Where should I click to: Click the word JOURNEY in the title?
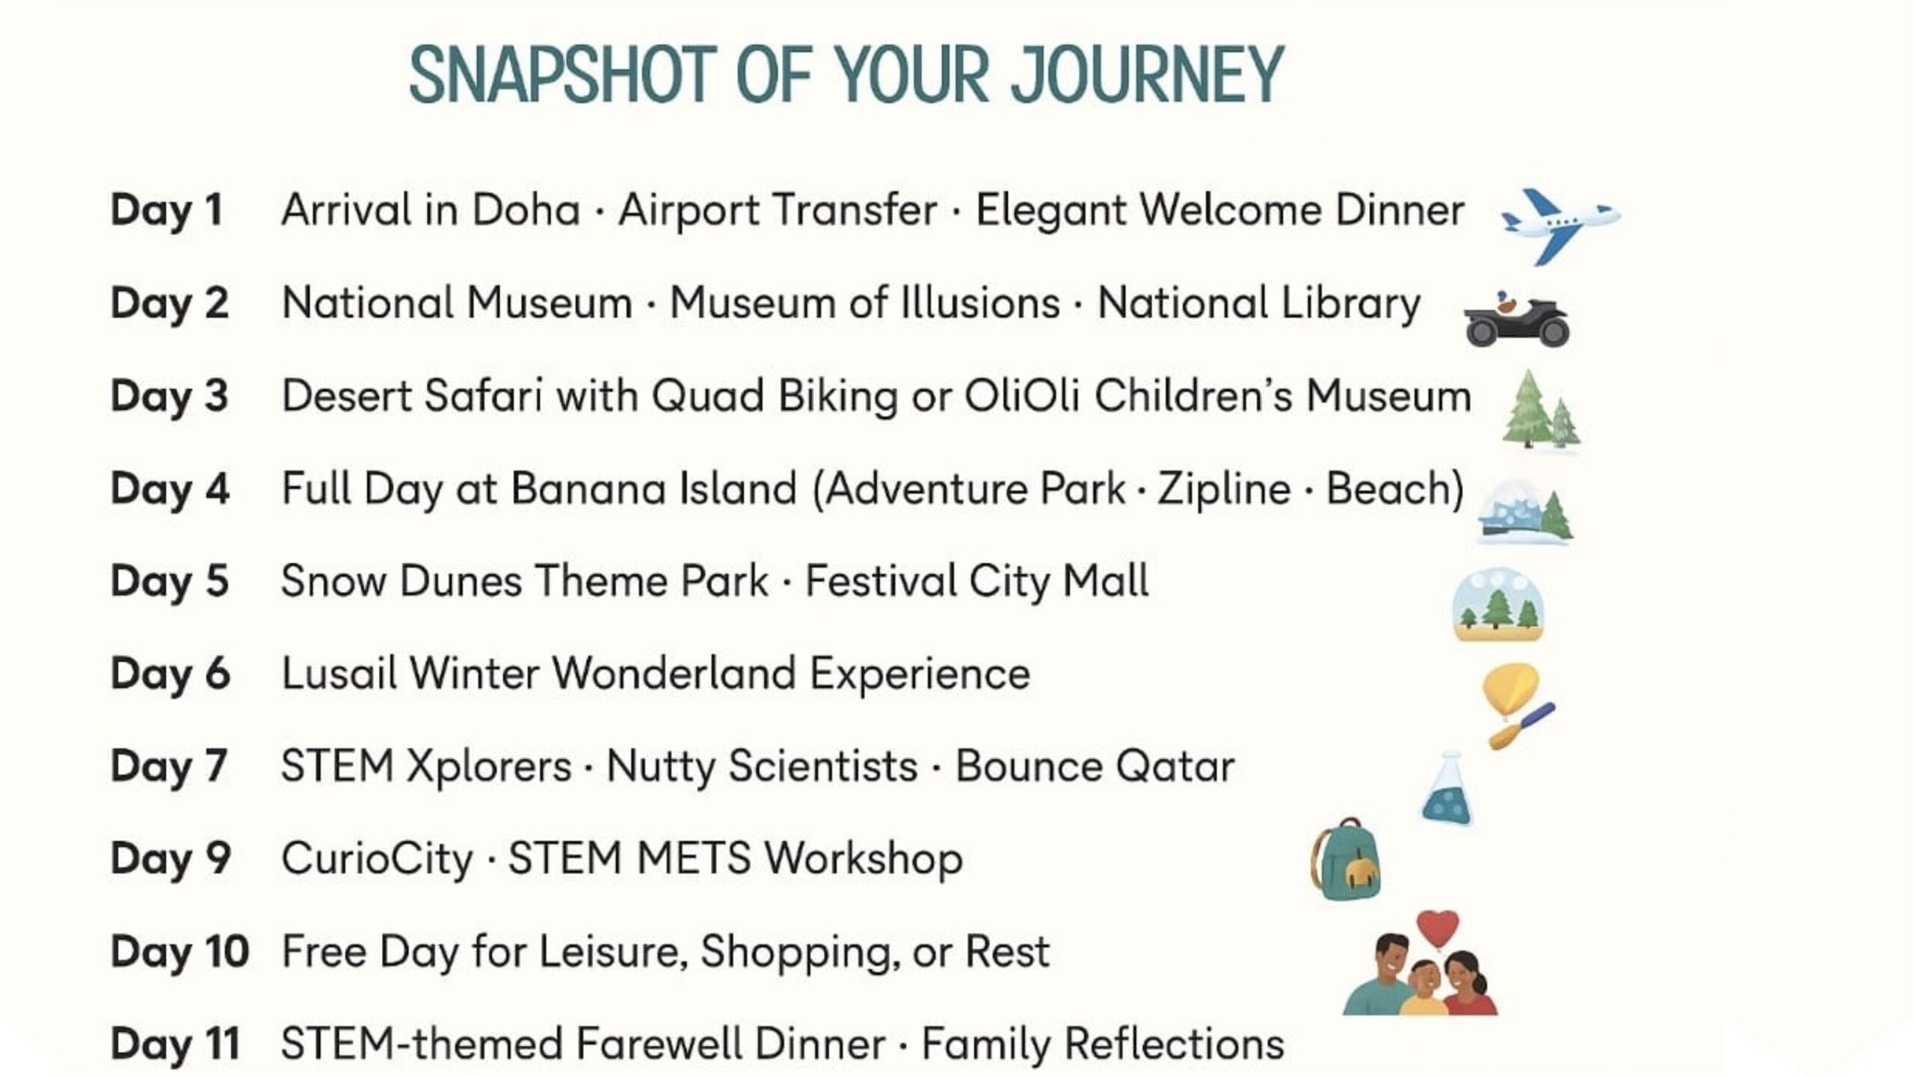coord(1148,76)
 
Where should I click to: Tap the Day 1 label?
coord(167,210)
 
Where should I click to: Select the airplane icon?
coord(1560,226)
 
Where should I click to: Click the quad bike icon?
coord(1516,319)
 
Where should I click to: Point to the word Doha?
coord(526,210)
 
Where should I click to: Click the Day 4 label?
coord(170,489)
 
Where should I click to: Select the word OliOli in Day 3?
coord(1021,396)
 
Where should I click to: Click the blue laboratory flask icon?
coord(1447,788)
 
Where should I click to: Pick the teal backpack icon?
coord(1346,858)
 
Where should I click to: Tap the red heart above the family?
coord(1438,928)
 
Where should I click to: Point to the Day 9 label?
coord(170,858)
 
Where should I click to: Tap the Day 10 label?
coord(179,952)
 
